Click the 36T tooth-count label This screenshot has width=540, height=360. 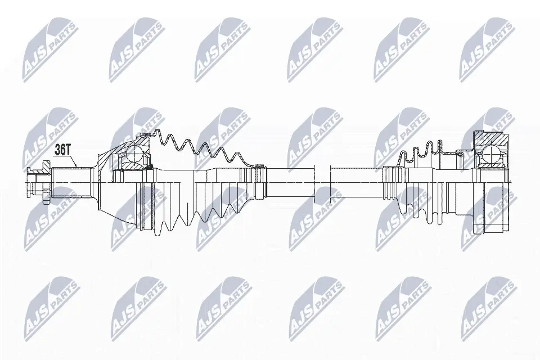(x=63, y=150)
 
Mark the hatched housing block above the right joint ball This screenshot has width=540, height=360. (x=491, y=139)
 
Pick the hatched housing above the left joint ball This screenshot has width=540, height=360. (x=143, y=141)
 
